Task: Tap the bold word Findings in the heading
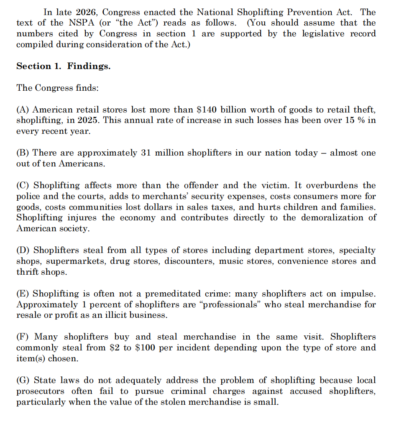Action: pyautogui.click(x=89, y=66)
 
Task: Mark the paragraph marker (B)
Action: pyautogui.click(x=23, y=153)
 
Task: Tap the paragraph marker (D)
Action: pyautogui.click(x=23, y=250)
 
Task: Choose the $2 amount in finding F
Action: pyautogui.click(x=115, y=348)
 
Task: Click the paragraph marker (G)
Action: pyautogui.click(x=23, y=381)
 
